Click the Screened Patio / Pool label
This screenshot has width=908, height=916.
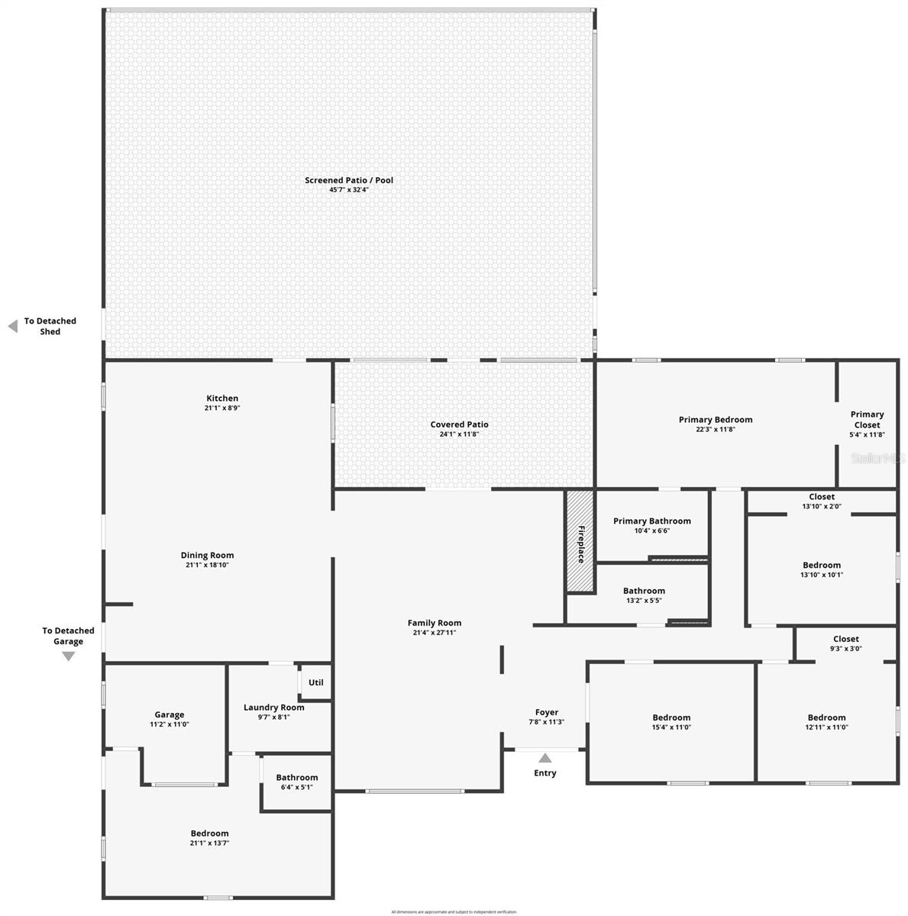349,181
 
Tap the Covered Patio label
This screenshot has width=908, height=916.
459,425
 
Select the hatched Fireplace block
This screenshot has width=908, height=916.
580,540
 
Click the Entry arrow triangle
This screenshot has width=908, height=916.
544,758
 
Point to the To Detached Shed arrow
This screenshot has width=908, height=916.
12,327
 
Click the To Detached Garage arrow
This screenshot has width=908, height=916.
68,656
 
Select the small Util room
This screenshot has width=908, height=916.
315,682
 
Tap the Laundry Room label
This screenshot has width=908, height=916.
273,708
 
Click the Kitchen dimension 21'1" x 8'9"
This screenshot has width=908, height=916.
222,408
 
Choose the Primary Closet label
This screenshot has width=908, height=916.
867,420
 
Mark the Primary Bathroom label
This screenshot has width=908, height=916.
651,521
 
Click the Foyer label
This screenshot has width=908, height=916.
546,712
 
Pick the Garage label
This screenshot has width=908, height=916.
169,715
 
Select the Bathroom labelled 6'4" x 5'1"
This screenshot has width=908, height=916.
296,782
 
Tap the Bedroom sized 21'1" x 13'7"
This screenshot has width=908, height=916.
209,838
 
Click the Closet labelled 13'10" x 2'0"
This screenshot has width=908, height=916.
821,502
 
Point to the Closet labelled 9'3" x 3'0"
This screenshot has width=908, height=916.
845,643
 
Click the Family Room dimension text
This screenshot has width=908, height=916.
434,633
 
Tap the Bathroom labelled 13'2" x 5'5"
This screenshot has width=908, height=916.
644,595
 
